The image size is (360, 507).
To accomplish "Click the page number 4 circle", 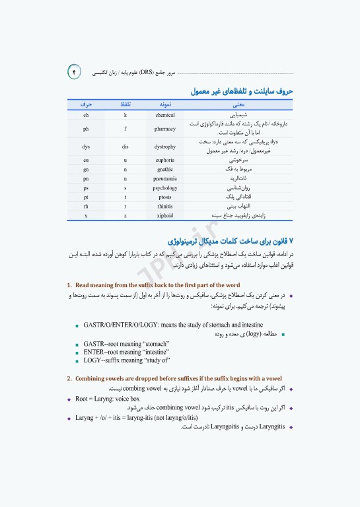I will point(74,72).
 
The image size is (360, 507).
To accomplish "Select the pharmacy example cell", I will point(164,129).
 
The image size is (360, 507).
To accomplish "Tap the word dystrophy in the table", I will point(164,146).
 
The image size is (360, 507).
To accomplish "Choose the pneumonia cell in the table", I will point(164,179).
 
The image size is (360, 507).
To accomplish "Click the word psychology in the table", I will point(164,188).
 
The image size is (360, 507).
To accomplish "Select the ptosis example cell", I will point(164,197).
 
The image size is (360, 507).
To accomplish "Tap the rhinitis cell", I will point(164,207).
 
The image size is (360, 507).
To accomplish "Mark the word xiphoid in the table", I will point(164,216).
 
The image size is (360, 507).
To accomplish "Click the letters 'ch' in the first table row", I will point(86,115).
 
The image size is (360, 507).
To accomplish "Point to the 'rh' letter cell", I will point(86,207).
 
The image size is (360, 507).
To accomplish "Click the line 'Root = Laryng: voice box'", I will point(108,399).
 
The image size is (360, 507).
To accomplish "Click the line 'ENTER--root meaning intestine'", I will point(126,352).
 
